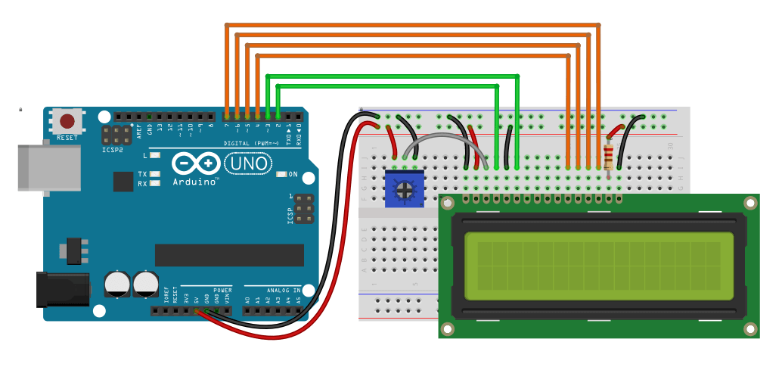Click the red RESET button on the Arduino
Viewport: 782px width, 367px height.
point(67,121)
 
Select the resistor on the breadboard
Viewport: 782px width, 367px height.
point(610,157)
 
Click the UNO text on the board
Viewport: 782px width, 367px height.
point(241,163)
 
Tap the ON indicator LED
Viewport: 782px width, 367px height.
point(281,175)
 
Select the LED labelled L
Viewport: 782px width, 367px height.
point(156,155)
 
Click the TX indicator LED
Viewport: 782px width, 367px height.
point(156,174)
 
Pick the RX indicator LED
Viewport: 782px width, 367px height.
point(156,182)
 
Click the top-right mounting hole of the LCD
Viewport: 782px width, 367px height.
point(750,203)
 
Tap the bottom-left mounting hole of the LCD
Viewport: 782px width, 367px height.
point(448,329)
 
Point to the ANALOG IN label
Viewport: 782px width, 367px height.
point(283,291)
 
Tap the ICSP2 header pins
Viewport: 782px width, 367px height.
point(116,135)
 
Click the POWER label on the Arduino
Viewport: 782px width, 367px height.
point(222,291)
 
